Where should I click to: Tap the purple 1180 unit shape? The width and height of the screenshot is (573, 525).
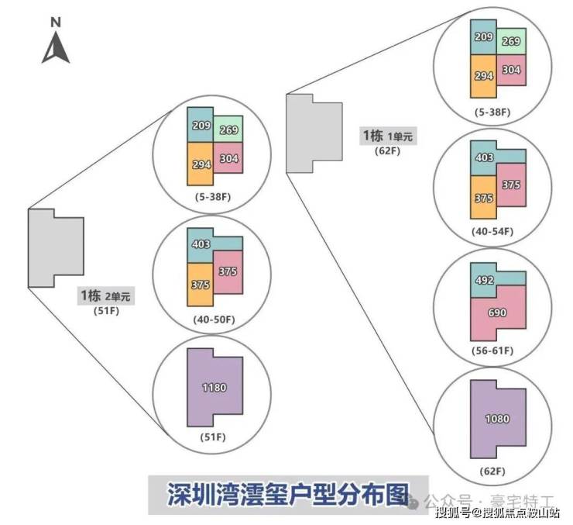tap(214, 387)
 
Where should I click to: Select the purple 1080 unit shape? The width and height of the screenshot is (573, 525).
tap(497, 419)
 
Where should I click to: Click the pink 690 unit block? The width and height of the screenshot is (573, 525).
tap(498, 313)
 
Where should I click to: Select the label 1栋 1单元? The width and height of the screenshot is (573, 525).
tap(388, 136)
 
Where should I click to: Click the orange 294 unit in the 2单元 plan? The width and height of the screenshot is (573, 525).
tap(200, 164)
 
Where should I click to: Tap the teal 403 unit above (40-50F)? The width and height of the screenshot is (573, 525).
tap(201, 244)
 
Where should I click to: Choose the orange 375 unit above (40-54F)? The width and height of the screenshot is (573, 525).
tap(484, 199)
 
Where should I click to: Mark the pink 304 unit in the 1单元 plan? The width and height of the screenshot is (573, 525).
tap(512, 70)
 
